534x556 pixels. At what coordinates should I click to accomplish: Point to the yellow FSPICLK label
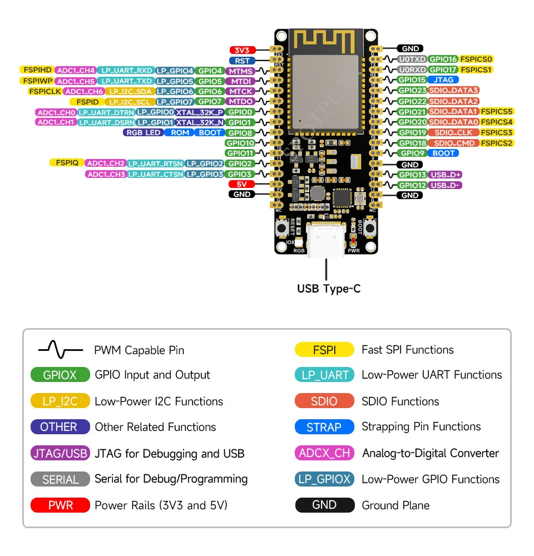point(44,91)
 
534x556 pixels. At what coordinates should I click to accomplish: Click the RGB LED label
point(142,133)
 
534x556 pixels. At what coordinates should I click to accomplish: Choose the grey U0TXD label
point(412,59)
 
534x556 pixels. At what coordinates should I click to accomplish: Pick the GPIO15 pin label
point(412,80)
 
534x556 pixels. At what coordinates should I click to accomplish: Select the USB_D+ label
point(446,175)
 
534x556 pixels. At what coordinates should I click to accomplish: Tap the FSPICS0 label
point(477,59)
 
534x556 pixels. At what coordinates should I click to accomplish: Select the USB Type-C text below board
point(328,289)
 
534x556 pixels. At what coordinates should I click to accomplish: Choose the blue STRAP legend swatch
point(324,427)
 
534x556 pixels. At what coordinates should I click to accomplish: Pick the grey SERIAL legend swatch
point(60,479)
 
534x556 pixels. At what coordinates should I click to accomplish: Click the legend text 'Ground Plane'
point(395,505)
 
